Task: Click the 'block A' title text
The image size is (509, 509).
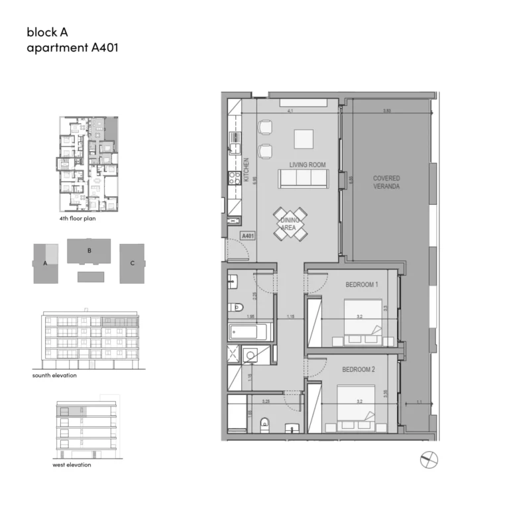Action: [x=48, y=31]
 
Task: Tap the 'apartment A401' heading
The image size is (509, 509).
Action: [x=72, y=48]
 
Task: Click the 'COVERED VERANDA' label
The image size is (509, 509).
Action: [x=386, y=182]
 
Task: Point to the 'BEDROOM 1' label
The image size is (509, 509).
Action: [x=361, y=285]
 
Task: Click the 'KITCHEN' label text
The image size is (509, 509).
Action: [x=246, y=170]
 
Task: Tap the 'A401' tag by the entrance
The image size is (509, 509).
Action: [x=248, y=235]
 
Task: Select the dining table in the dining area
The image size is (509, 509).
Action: [x=291, y=223]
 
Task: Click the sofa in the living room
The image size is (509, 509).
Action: [x=303, y=179]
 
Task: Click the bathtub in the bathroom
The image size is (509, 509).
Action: [x=250, y=332]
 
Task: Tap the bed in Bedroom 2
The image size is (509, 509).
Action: [x=357, y=406]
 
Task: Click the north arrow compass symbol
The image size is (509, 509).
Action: [x=430, y=458]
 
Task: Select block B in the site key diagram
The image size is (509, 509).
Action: [x=89, y=252]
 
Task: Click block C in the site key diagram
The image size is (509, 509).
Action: [x=132, y=263]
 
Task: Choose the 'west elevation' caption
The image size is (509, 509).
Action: [x=72, y=465]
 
